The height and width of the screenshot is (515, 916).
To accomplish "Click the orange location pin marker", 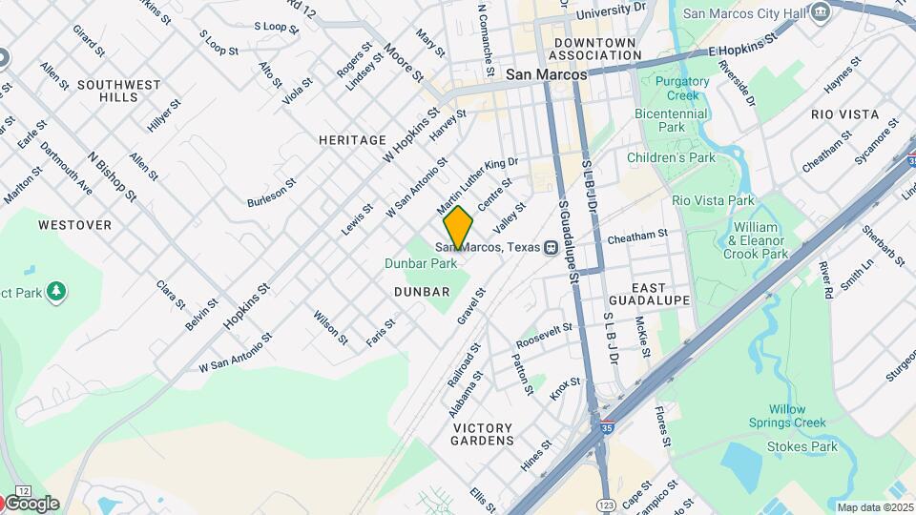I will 458,227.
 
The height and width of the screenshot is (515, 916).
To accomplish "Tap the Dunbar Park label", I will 419,262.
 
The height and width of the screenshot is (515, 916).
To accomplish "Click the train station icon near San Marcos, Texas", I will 551,248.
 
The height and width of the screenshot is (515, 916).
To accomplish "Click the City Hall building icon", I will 821,12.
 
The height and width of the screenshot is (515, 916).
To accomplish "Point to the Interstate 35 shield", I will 607,428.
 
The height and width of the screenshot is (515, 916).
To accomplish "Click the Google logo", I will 31,504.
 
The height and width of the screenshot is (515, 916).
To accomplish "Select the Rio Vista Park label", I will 713,200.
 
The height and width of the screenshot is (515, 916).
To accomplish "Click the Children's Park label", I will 671,157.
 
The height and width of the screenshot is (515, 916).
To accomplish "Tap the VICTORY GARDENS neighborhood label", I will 483,434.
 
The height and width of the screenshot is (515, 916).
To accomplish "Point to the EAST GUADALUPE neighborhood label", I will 660,293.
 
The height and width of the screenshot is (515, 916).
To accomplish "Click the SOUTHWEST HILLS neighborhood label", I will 119,92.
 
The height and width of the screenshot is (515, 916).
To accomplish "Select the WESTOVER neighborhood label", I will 74,225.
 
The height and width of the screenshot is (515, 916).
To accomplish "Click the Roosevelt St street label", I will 544,335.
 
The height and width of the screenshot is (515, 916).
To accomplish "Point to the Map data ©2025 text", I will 875,507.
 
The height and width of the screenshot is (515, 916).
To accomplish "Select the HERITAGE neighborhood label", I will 352,140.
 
